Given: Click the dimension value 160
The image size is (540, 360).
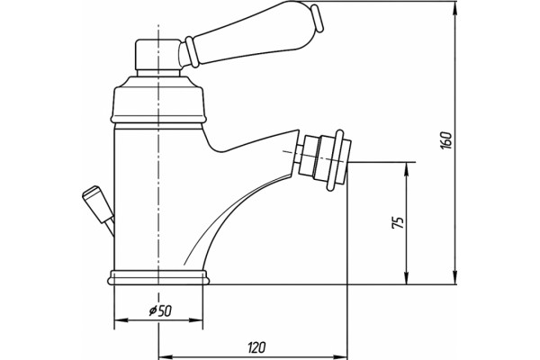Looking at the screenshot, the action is tap(446, 140).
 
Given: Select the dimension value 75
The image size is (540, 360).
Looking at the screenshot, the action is tap(398, 223).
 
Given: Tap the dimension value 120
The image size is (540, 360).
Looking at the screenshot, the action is tap(256, 347).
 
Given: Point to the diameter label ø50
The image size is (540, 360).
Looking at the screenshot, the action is tap(160, 311).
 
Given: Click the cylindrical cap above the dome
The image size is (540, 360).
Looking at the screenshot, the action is tap(157, 54).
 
